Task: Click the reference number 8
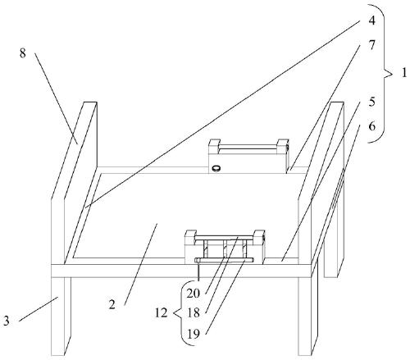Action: (23, 52)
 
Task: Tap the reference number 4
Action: (371, 21)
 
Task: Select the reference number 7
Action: (371, 45)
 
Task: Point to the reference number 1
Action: (404, 73)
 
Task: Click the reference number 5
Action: (371, 102)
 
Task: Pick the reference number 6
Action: (371, 126)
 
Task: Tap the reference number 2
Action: (112, 304)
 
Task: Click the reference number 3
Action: (7, 321)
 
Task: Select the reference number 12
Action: (161, 312)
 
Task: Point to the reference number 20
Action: (194, 294)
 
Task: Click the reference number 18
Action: (194, 313)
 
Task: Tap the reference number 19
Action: (194, 334)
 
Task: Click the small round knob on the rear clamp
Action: (216, 168)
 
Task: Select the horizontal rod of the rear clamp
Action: (248, 148)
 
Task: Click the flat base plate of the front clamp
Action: (224, 260)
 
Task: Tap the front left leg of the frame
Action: (61, 317)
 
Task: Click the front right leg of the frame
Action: (308, 317)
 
